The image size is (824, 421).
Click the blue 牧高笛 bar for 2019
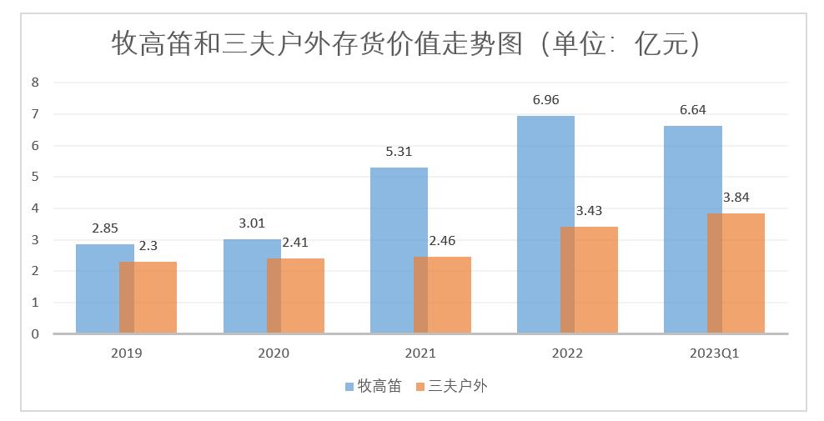tap(98, 288)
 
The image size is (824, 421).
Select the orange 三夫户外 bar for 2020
tap(302, 296)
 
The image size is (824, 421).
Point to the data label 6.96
tap(546, 100)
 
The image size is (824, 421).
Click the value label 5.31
tap(399, 152)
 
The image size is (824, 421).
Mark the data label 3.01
tap(252, 223)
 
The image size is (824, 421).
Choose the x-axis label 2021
tap(420, 353)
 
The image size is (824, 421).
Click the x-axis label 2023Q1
tap(715, 353)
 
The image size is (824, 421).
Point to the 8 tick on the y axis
tap(35, 82)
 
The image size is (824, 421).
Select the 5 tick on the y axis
tap(35, 177)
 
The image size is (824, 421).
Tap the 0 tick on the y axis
tap(35, 334)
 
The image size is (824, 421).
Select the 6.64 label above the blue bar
tap(692, 110)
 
